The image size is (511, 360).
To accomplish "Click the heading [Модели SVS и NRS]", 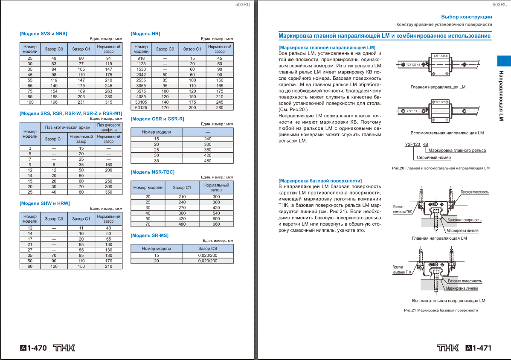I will click(x=43, y=33).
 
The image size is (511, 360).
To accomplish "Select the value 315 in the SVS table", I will click(x=108, y=102).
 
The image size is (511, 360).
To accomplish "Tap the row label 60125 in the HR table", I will click(x=141, y=108).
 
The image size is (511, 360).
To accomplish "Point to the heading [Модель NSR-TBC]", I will click(x=152, y=172).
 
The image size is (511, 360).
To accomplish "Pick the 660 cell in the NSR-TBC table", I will click(x=216, y=224).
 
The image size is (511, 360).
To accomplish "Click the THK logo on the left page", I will click(x=64, y=348).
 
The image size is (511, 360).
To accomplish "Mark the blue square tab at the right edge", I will click(x=504, y=61).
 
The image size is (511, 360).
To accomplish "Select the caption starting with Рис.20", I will click(x=441, y=168).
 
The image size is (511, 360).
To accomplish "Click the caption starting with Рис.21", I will click(x=441, y=310).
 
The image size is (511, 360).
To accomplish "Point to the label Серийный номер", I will click(x=433, y=157).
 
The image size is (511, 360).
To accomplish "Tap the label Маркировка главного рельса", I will click(x=457, y=150).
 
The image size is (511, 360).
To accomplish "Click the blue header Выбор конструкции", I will click(x=466, y=17).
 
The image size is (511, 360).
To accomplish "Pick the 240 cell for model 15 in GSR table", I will click(x=208, y=139).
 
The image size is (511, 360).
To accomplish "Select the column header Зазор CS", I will click(x=208, y=248).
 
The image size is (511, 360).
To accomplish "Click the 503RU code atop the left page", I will click(x=242, y=4).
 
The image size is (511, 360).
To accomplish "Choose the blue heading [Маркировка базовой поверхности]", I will click(x=320, y=181).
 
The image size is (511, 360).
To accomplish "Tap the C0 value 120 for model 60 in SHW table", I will click(x=54, y=266).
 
